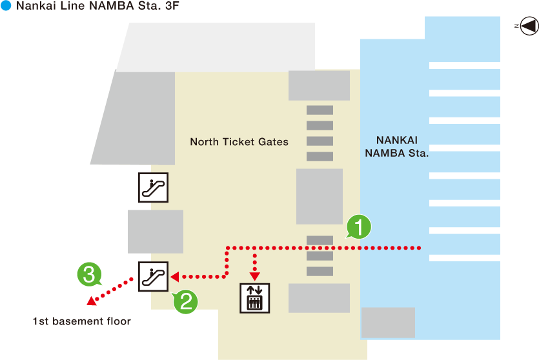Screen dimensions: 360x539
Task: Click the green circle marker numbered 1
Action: click(x=359, y=226)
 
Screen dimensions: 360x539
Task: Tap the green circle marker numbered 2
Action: click(x=185, y=301)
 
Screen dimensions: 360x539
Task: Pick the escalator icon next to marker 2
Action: click(x=154, y=277)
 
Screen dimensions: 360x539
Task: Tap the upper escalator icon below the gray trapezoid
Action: click(x=154, y=187)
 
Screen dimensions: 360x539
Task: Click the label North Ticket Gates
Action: click(x=239, y=142)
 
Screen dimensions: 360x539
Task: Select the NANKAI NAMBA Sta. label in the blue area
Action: click(x=397, y=146)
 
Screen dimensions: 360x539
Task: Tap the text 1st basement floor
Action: click(x=82, y=321)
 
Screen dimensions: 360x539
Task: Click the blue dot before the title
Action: click(x=6, y=6)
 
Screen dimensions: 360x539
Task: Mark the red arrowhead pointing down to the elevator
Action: click(x=256, y=270)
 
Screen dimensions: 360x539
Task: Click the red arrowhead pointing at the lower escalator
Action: click(x=174, y=277)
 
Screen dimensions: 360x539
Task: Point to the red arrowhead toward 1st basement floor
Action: click(x=92, y=301)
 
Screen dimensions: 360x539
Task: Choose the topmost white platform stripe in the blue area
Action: click(x=464, y=65)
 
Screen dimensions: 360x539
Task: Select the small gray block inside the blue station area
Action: click(x=387, y=323)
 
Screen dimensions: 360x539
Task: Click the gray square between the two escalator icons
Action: click(x=155, y=232)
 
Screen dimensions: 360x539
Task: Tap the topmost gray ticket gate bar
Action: click(x=320, y=110)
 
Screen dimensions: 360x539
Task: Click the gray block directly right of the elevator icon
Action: click(x=319, y=298)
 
